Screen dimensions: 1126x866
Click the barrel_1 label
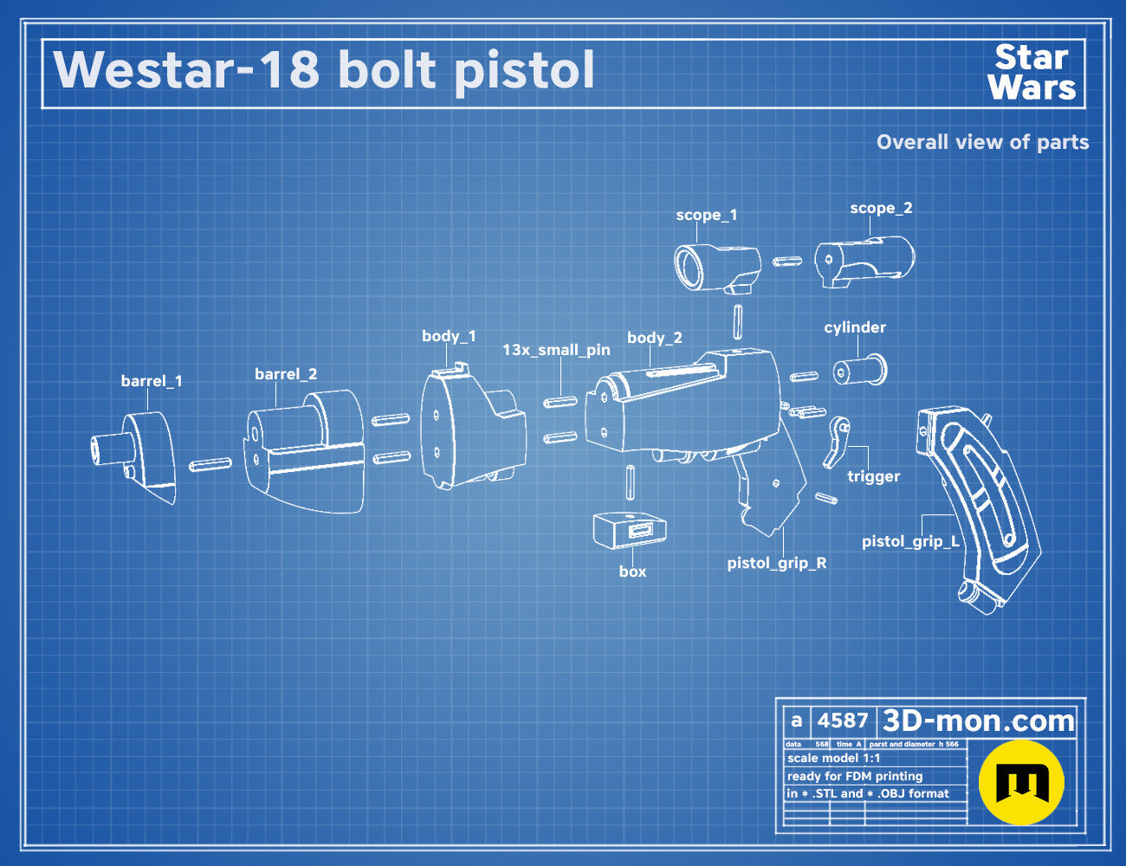152,381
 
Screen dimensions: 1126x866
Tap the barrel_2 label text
286,374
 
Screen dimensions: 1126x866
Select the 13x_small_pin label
557,350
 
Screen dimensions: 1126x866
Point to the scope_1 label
706,216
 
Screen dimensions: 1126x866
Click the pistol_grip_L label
910,542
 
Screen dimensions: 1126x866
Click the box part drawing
630,530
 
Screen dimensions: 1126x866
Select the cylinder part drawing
860,370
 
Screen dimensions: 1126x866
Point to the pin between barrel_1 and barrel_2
210,464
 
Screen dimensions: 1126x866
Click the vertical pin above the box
630,482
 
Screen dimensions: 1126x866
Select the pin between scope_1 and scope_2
787,262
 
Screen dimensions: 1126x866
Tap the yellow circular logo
1021,782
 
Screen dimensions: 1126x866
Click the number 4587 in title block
842,721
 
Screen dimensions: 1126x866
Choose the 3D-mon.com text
978,721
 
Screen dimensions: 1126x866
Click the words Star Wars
1032,73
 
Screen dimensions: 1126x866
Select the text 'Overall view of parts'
982,142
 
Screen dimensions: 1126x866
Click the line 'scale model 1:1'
834,759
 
